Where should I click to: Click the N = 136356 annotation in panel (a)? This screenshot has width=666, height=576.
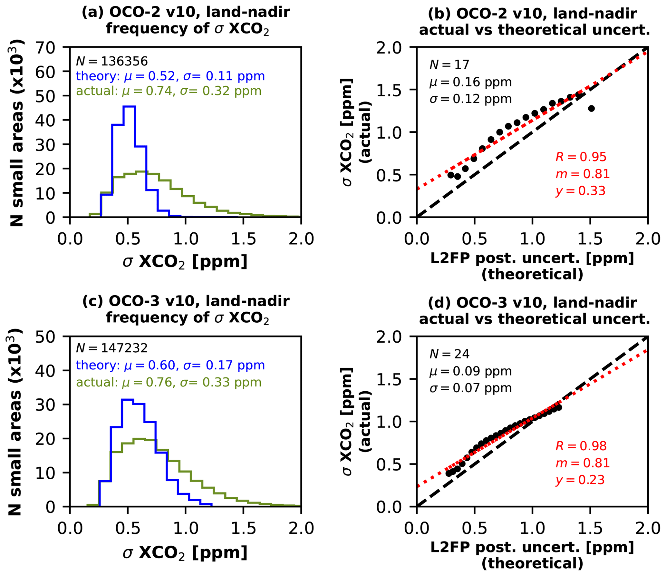112,61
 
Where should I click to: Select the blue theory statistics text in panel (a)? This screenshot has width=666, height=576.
170,76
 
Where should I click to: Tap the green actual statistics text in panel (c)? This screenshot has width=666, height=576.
169,382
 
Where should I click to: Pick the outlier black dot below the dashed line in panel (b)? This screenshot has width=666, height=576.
591,109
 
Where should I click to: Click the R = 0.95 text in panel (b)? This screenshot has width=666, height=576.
581,157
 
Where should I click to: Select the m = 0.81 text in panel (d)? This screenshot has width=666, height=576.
583,463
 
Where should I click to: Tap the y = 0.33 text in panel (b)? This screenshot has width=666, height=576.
580,190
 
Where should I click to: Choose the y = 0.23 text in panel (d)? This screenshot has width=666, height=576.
580,480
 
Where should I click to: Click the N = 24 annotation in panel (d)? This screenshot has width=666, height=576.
449,354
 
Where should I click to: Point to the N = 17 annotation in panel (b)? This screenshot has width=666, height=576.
449,65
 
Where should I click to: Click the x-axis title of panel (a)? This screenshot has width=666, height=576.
185,262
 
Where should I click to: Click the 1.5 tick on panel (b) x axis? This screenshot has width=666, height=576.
590,239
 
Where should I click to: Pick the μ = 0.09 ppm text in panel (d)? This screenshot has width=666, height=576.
470,371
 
